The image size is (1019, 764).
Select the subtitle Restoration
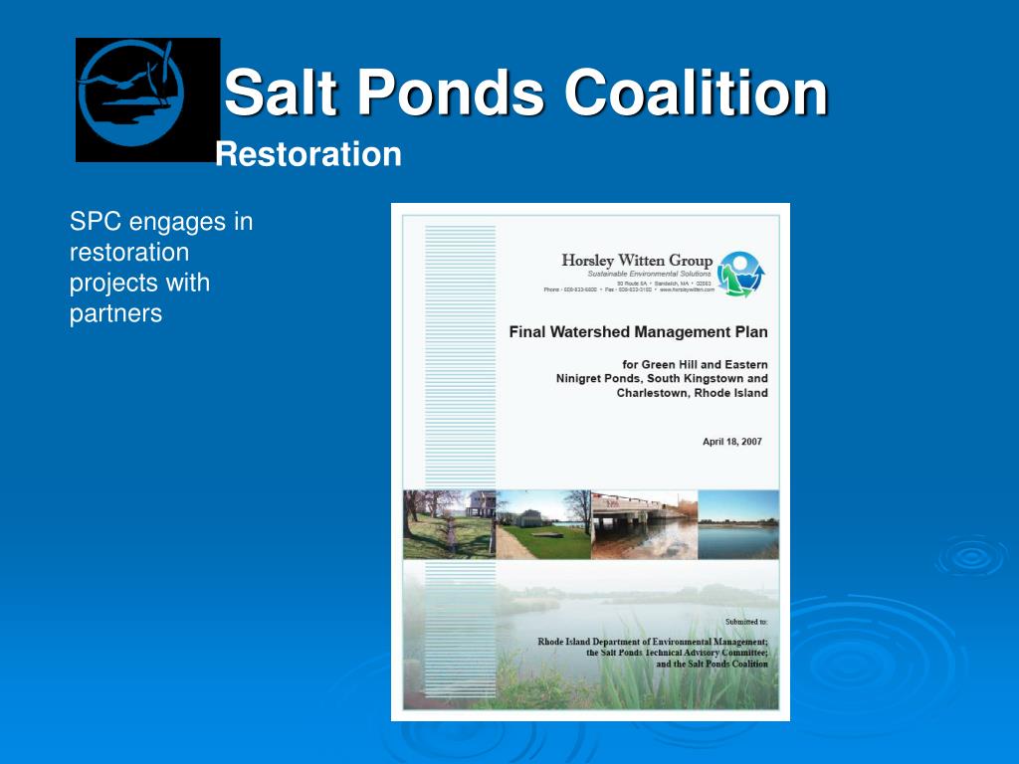[x=308, y=154]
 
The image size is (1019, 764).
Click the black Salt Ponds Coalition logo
[x=147, y=99]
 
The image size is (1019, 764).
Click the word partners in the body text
[x=115, y=313]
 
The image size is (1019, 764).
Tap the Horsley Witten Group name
[x=637, y=261]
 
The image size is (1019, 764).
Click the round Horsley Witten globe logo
[x=741, y=274]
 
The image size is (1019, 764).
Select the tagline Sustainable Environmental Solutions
[x=649, y=274]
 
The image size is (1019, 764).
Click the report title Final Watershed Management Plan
[x=638, y=331]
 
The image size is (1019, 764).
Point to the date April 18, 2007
[x=732, y=441]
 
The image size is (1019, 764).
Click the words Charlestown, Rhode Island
[x=692, y=393]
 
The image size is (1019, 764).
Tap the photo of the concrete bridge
[x=643, y=524]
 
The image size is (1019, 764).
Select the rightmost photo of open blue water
[x=737, y=524]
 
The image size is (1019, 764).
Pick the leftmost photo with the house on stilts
[x=448, y=524]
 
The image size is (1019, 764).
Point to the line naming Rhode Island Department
[x=653, y=642]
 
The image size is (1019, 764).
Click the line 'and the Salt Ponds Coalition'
[x=712, y=664]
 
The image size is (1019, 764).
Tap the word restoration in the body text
[x=128, y=252]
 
